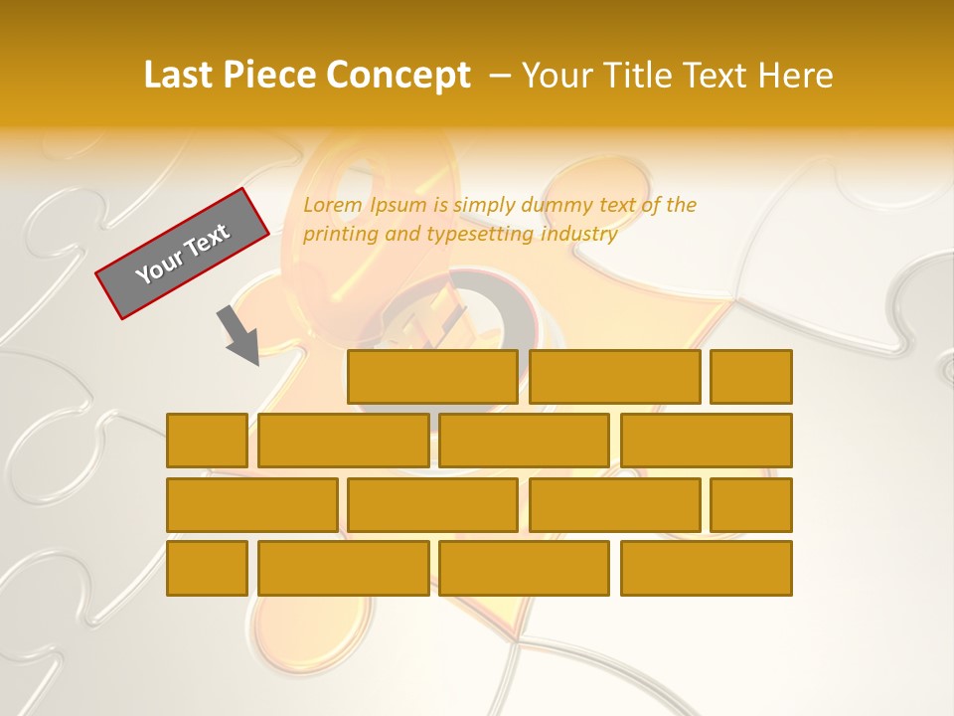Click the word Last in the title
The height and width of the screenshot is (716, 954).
click(x=180, y=76)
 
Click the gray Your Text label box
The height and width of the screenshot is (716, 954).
click(x=183, y=254)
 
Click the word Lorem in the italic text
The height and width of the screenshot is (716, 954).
click(x=333, y=206)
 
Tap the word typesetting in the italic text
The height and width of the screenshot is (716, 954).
click(x=480, y=235)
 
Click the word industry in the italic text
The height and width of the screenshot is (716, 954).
click(x=580, y=235)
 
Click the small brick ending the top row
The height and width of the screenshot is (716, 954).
click(x=751, y=377)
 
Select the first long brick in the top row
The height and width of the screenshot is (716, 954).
click(x=432, y=377)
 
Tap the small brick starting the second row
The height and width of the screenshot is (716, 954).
click(x=207, y=441)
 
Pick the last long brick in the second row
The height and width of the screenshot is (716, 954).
click(x=707, y=441)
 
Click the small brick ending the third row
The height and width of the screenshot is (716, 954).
click(x=751, y=505)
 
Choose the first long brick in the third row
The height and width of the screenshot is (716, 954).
click(x=252, y=505)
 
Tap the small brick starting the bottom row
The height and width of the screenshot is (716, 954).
click(x=207, y=569)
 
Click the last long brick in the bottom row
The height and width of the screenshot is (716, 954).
click(x=707, y=569)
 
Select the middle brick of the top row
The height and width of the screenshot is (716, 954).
click(x=615, y=377)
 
